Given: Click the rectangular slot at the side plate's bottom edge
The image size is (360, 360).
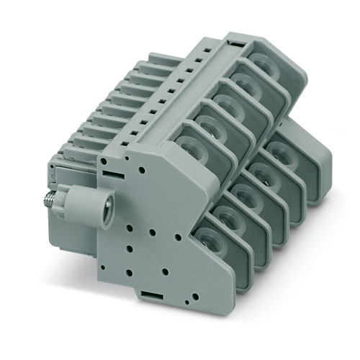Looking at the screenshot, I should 149,295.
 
